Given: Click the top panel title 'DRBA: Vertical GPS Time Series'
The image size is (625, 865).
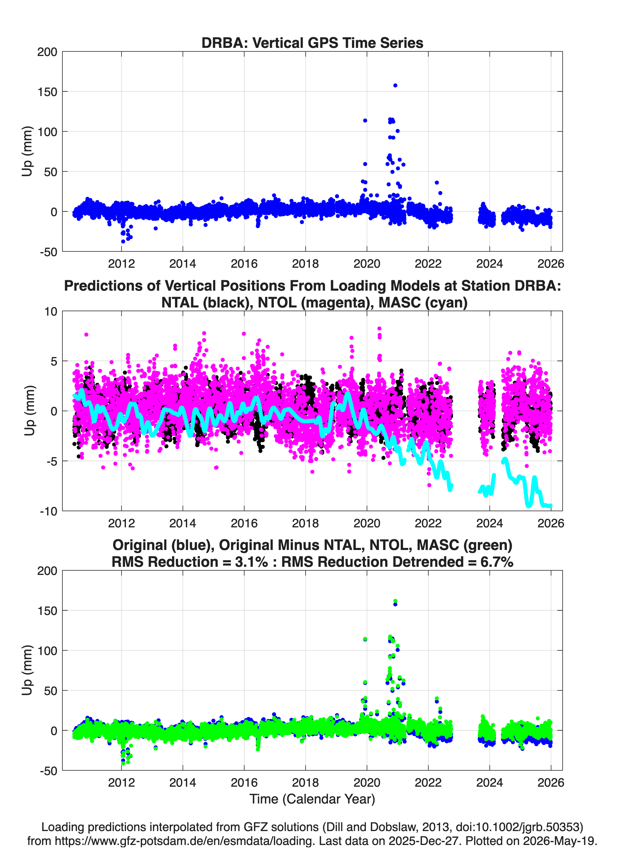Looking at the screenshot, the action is [312, 43].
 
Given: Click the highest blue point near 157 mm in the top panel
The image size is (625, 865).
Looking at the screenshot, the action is [395, 86].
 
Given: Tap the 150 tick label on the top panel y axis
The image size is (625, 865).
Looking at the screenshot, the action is [47, 92].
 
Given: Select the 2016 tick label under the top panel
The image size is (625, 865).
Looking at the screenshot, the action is [244, 264].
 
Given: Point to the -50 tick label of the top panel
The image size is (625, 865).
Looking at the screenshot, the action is [48, 252].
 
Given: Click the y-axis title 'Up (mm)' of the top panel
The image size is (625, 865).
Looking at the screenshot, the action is [27, 151].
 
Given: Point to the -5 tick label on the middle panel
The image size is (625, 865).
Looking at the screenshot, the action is [51, 462].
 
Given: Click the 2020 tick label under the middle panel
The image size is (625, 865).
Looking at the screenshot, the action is [367, 523].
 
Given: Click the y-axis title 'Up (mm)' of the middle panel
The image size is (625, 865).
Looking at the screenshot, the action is [29, 411].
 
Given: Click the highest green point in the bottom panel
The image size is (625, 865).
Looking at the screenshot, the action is [395, 601].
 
